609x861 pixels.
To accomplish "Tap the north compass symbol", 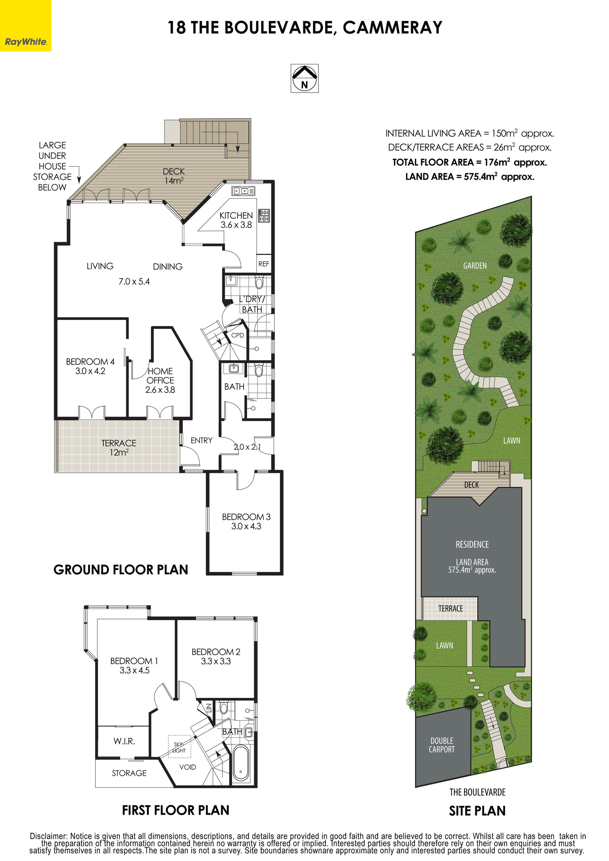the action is pyautogui.click(x=304, y=78).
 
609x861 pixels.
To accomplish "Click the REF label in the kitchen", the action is pyautogui.click(x=264, y=264).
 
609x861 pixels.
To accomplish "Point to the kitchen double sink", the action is pyautogui.click(x=243, y=191).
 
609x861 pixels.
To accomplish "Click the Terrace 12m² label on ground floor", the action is pyautogui.click(x=119, y=448).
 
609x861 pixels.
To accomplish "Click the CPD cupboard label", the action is pyautogui.click(x=238, y=335).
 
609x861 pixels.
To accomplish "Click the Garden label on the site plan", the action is pyautogui.click(x=475, y=266).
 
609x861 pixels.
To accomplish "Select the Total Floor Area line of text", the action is pyautogui.click(x=469, y=162).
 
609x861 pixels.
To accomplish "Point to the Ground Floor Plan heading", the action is pyautogui.click(x=121, y=570).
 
